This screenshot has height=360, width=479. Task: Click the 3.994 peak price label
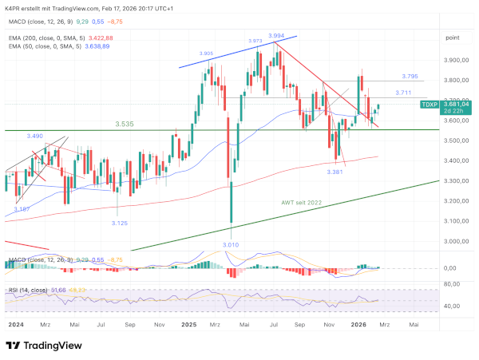[x=277, y=36]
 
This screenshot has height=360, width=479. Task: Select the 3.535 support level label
[x=125, y=125]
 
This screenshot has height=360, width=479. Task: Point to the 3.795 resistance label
[x=410, y=77]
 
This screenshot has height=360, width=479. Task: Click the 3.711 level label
[x=403, y=93]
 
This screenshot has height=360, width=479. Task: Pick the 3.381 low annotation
[x=335, y=172]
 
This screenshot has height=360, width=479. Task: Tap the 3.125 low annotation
[x=119, y=223]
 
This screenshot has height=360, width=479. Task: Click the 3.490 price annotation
[x=34, y=136]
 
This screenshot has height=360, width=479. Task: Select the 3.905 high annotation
[x=205, y=53]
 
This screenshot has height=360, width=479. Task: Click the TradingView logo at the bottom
[x=45, y=346]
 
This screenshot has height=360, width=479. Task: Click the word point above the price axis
[x=452, y=38]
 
